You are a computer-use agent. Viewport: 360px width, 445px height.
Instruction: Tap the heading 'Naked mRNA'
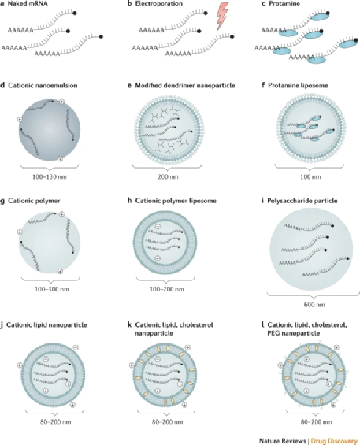28,4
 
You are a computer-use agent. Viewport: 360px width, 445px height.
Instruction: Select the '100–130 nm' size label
50,176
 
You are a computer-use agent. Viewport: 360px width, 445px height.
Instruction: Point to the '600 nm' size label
314,305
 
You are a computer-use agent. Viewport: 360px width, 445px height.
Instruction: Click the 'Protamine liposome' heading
298,85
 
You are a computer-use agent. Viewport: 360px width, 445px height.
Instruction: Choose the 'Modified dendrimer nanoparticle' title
185,85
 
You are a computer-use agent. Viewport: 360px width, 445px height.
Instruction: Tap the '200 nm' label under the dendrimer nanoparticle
168,176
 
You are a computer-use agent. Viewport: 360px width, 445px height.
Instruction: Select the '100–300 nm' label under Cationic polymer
52,290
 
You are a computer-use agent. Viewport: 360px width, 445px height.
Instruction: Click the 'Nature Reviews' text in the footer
282,441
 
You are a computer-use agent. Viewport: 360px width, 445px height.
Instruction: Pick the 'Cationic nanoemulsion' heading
43,85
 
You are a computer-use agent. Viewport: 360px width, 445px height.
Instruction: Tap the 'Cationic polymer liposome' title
176,201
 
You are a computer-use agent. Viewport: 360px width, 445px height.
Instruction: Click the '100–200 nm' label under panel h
167,290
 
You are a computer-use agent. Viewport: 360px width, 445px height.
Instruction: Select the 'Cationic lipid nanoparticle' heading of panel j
46,325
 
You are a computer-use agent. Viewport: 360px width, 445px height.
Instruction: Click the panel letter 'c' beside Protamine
263,4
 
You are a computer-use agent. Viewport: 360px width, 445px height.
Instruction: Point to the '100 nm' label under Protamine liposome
310,176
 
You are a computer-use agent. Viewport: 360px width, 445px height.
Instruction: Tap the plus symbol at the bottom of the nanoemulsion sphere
60,159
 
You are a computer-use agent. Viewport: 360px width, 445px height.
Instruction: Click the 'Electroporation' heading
158,4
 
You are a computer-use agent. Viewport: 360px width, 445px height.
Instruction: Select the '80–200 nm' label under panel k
167,421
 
